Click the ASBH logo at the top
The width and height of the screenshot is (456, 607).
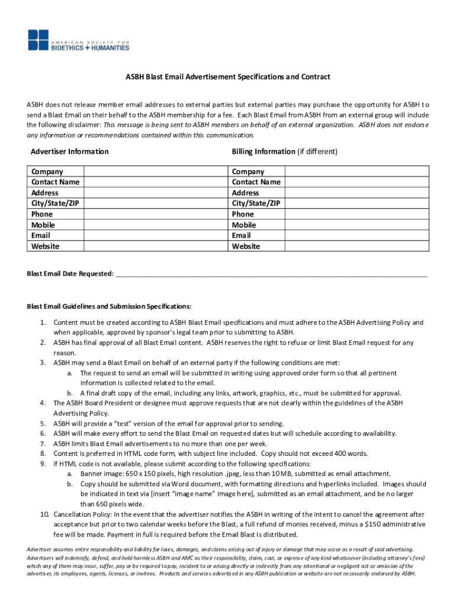coord(78,40)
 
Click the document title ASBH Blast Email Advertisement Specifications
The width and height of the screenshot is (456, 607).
coord(227,77)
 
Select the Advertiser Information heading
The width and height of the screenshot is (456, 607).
coord(69,152)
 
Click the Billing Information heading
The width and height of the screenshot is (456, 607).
coord(263,152)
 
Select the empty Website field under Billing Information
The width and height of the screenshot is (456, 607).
coord(356,246)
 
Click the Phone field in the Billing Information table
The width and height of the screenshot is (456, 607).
coord(356,214)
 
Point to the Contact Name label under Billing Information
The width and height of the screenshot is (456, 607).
coord(256,182)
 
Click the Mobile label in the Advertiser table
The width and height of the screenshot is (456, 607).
coord(43,225)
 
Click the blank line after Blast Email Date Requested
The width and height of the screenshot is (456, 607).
coord(271,274)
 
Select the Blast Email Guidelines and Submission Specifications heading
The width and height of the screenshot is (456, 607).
coord(109,307)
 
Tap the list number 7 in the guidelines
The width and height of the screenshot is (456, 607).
coord(43,443)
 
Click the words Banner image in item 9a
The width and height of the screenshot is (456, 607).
coord(98,474)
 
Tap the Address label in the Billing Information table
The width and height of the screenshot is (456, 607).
coord(245,193)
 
